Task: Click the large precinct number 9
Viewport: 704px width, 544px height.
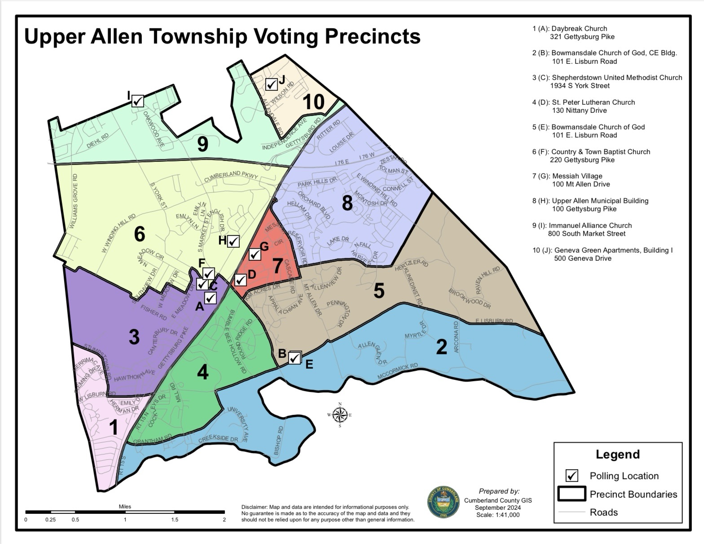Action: coord(202,144)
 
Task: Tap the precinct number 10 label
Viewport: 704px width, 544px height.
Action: coord(313,102)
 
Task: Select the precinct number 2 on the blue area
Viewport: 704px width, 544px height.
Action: coord(441,347)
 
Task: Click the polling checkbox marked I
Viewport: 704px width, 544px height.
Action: coord(138,101)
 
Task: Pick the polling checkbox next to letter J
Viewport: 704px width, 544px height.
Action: coord(271,84)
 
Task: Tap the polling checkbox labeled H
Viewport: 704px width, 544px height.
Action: coord(233,241)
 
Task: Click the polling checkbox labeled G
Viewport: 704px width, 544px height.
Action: coord(255,254)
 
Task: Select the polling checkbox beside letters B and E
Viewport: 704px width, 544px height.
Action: coord(295,358)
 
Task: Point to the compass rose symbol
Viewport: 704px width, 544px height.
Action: coord(340,415)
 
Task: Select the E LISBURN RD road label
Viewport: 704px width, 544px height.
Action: coord(494,321)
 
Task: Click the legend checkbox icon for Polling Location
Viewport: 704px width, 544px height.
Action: coord(572,476)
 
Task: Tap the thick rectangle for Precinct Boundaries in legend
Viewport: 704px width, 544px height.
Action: coord(572,494)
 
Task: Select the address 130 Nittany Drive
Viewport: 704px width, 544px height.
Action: coord(579,111)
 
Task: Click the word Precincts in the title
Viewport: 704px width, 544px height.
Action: coord(372,36)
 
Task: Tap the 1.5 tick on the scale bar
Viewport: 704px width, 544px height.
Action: coord(175,512)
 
